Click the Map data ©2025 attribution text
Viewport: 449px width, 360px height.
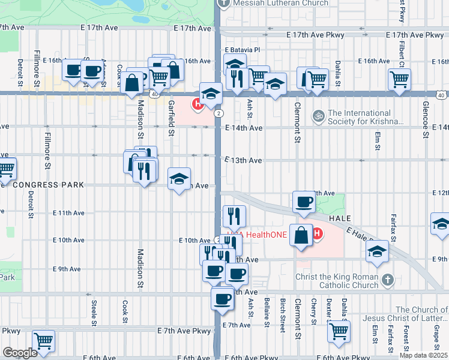point(423,355)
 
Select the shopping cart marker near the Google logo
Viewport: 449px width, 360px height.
point(44,340)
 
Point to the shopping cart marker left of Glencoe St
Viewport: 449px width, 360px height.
point(399,77)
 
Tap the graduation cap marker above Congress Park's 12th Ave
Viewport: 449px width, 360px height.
point(179,178)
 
